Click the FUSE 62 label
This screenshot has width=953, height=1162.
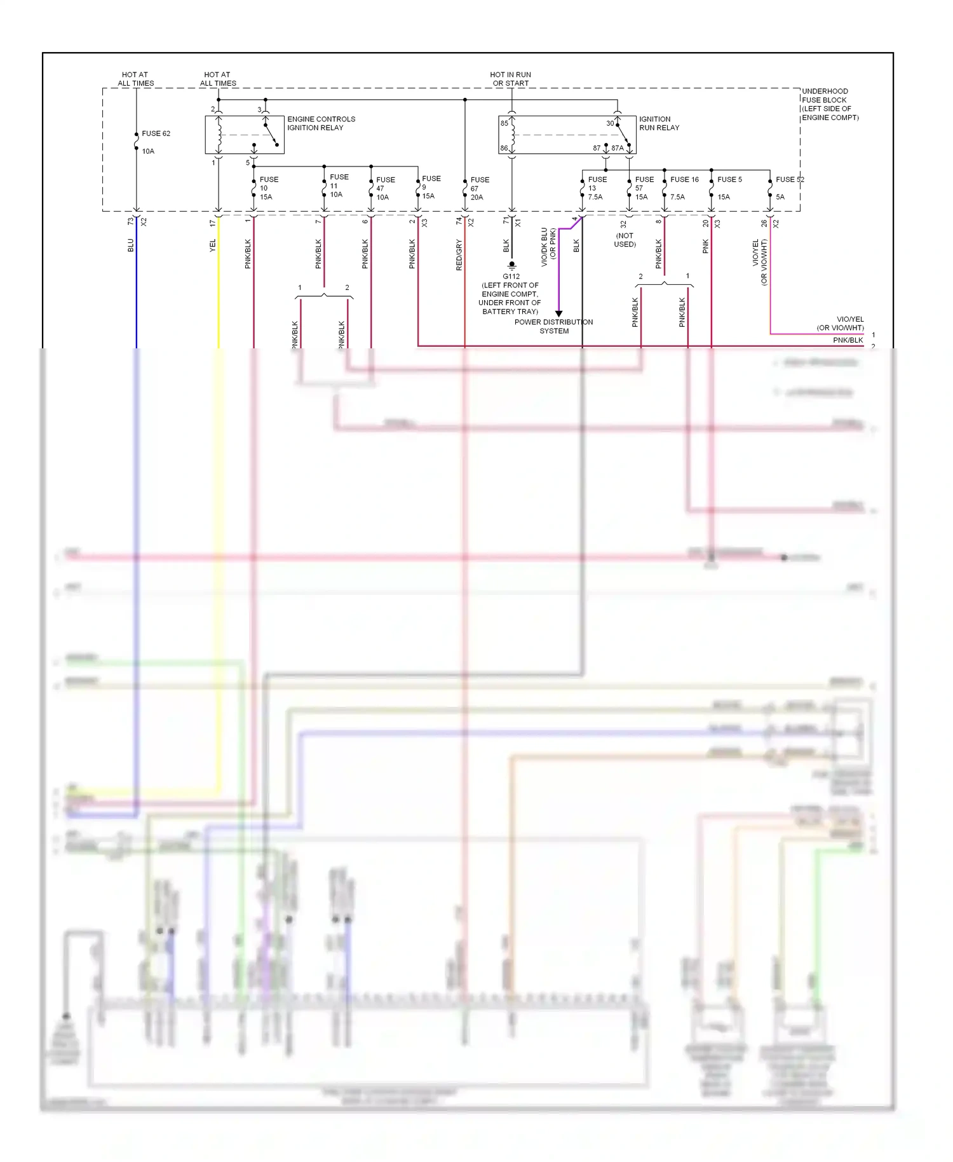156,133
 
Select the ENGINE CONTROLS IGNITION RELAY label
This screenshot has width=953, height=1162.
321,123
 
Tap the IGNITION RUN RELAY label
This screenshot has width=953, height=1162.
659,123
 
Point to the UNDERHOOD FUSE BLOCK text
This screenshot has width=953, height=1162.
829,104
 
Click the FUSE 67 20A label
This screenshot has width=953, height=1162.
479,188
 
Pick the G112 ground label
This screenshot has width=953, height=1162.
511,277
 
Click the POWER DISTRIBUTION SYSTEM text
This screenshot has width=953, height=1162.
553,326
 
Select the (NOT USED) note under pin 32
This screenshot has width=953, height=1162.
625,240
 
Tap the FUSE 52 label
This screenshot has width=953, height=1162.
789,179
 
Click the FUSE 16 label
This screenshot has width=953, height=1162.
684,179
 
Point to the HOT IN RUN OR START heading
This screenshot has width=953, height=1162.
510,79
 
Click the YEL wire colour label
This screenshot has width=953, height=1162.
213,245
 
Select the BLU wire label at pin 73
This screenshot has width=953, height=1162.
131,245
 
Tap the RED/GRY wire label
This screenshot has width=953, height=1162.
459,255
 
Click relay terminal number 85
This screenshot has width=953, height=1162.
504,123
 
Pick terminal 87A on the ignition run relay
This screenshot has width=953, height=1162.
617,148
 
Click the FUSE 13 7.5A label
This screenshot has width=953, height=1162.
597,188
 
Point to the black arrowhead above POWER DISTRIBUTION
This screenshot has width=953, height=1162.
558,313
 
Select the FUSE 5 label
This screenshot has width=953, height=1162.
729,179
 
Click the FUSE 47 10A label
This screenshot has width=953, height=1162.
385,188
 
